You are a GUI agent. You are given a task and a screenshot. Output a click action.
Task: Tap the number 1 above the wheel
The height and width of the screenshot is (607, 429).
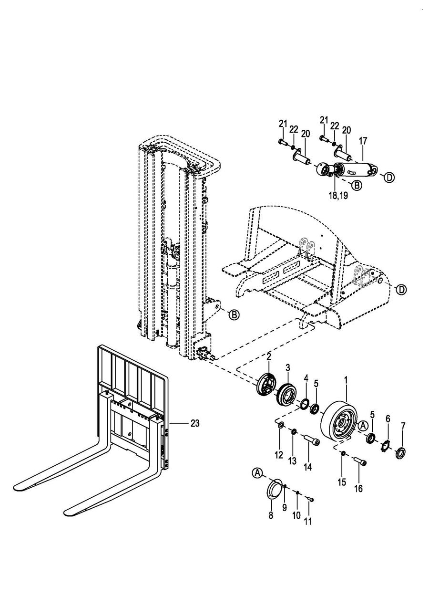346,380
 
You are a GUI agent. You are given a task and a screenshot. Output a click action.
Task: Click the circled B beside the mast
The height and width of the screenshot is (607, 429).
235,314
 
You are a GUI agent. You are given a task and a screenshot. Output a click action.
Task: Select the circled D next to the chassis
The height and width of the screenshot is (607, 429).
401,290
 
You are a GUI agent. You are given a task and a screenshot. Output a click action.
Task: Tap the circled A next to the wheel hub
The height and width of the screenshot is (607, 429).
363,426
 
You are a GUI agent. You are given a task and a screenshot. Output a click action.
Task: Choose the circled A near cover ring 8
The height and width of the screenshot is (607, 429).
257,473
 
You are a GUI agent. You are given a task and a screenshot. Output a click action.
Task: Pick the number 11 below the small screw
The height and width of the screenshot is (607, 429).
308,521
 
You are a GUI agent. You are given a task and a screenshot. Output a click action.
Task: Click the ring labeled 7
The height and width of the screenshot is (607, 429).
401,453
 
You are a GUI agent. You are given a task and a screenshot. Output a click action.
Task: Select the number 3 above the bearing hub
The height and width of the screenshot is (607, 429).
288,368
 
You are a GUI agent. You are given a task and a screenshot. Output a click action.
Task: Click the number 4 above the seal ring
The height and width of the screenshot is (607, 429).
306,378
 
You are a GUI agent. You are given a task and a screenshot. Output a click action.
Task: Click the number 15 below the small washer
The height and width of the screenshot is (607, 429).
342,482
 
